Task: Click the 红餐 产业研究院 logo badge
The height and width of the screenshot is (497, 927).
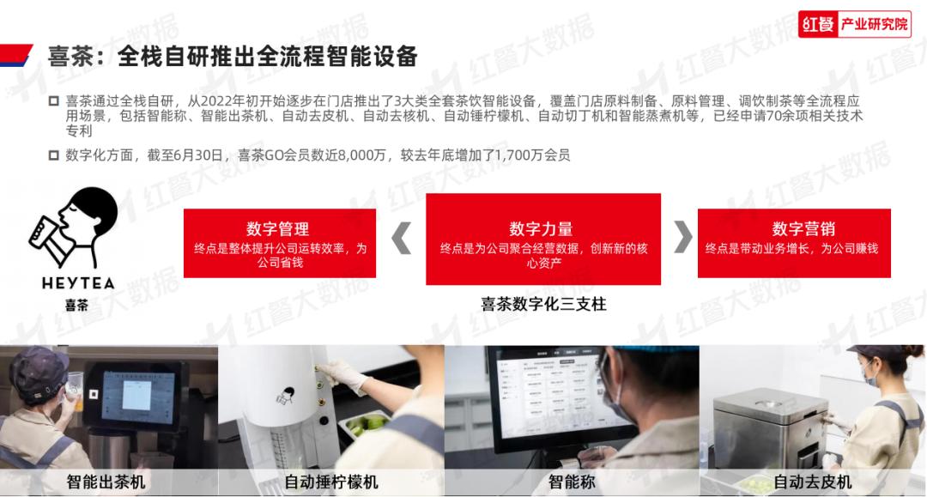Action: coord(854,24)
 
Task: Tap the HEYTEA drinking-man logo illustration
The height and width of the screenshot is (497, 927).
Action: coord(73,227)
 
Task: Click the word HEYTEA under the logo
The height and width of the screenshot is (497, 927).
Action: coord(78,283)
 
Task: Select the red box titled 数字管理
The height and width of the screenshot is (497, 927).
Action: coord(280,243)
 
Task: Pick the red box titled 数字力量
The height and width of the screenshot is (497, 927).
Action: coord(543,239)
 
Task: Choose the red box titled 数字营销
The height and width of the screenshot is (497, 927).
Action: coord(794,243)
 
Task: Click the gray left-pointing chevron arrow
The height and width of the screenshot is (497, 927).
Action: coord(402,238)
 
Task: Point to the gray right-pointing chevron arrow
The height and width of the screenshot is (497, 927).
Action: coord(683,236)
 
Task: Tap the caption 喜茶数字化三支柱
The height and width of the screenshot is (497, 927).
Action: coord(543,305)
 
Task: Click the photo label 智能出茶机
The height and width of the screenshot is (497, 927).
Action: coord(106,482)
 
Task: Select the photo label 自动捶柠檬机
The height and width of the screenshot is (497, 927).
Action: coord(331,482)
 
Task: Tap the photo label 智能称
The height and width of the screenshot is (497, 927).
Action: coord(572,482)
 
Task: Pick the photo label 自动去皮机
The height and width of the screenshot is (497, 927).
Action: coord(812,482)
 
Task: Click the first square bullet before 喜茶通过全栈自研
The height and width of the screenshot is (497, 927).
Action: coord(53,101)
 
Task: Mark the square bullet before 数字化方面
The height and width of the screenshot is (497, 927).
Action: coord(53,155)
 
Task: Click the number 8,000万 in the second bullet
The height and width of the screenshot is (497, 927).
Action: coord(362,155)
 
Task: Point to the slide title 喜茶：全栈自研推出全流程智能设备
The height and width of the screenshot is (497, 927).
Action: coord(233,57)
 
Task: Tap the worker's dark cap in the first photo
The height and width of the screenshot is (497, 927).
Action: coord(39,372)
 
